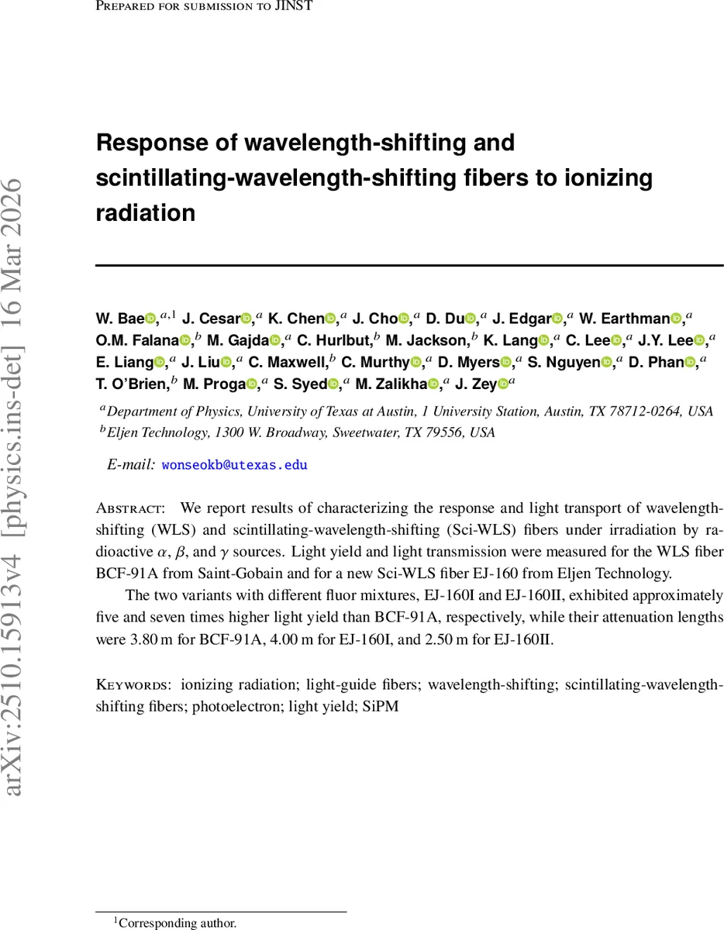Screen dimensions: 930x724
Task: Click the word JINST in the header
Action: (x=296, y=8)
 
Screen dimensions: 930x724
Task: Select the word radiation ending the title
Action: (x=145, y=212)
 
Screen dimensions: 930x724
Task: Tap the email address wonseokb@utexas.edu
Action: (x=234, y=465)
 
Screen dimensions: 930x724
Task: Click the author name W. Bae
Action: (x=119, y=318)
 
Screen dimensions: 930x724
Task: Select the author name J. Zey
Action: (x=474, y=384)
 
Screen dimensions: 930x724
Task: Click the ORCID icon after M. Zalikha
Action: (x=434, y=384)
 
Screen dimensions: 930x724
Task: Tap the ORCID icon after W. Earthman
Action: (x=675, y=318)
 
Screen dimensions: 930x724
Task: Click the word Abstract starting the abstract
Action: (x=129, y=509)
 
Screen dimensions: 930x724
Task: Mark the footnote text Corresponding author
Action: (x=178, y=923)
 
